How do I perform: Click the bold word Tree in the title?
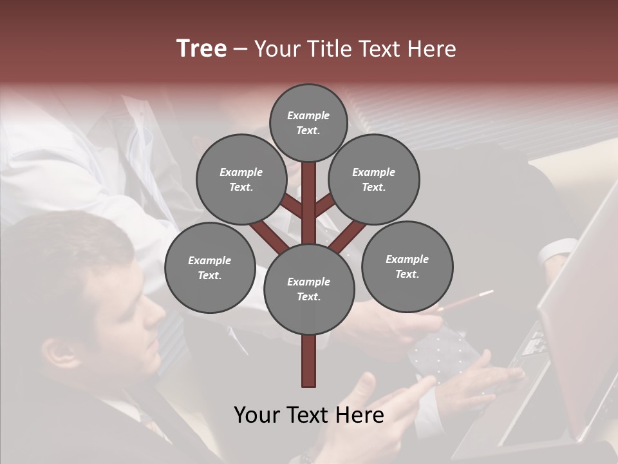[201, 49]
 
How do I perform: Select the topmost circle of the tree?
[308, 122]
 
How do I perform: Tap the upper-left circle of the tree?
[241, 179]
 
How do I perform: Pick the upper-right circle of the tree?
[373, 179]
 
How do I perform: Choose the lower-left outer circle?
[209, 267]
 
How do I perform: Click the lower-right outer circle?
[407, 266]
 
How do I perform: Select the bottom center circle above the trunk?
[309, 289]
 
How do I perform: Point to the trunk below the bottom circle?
[309, 361]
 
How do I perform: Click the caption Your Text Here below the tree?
[309, 415]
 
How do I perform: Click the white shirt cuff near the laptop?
[557, 251]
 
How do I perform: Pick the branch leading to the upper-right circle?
[326, 204]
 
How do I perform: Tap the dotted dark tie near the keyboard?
[444, 351]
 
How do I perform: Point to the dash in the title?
[240, 50]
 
